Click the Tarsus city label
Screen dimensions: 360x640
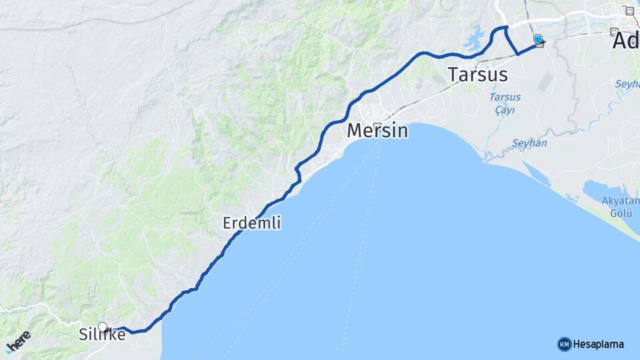(x=478, y=74)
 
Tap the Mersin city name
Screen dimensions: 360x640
(x=377, y=131)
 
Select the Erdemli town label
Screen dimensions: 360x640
(x=251, y=223)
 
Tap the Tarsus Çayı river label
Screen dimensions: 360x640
(x=505, y=103)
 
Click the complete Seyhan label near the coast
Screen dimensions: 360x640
(x=529, y=143)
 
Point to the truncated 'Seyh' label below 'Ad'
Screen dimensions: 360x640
(x=627, y=84)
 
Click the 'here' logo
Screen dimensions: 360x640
(x=18, y=340)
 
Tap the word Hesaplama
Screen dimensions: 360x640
(x=599, y=344)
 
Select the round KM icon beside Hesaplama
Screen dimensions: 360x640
(x=564, y=344)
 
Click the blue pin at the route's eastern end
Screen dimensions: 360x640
(x=538, y=39)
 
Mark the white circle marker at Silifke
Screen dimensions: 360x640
(x=103, y=327)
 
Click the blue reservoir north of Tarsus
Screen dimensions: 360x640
(x=475, y=42)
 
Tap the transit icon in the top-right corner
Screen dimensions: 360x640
(x=629, y=11)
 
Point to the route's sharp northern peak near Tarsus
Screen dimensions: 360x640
(x=506, y=27)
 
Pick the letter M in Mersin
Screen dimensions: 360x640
(x=355, y=131)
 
